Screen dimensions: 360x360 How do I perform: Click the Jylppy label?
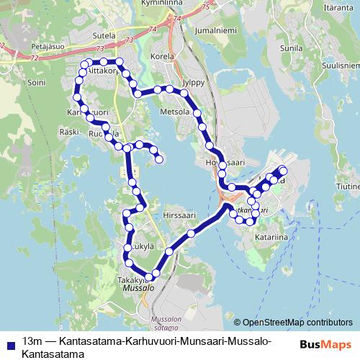(194, 82)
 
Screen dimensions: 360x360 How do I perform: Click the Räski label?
(69, 132)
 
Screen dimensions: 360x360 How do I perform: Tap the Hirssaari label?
(179, 215)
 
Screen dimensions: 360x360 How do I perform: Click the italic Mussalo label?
(138, 287)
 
